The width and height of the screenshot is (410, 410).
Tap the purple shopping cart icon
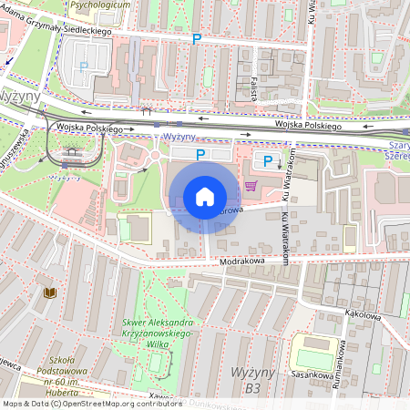pos(250,186)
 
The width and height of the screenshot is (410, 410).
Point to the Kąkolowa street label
pos(361,313)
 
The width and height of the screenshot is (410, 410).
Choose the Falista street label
pos(251,87)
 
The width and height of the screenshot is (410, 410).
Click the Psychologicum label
pos(99,5)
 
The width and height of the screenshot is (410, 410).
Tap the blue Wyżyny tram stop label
pos(179,137)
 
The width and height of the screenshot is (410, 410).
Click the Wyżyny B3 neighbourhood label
pos(247,379)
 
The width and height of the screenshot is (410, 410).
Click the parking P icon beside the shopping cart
pos(268,161)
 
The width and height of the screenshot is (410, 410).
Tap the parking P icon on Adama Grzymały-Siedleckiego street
pos(196,39)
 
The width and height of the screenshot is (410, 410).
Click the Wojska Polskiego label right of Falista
pos(310,126)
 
